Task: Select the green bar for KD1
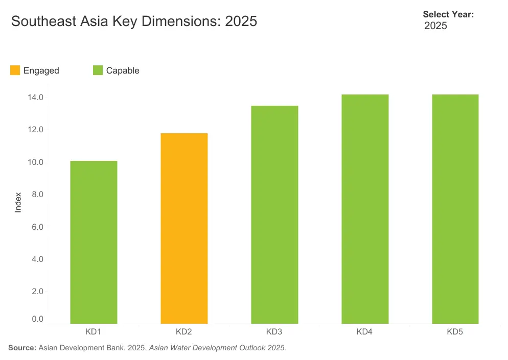pyautogui.click(x=94, y=242)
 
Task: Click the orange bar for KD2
pyautogui.click(x=184, y=228)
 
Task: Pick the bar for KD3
pyautogui.click(x=274, y=214)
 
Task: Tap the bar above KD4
pyautogui.click(x=365, y=209)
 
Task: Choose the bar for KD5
pyautogui.click(x=455, y=209)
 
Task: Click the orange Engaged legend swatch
pyautogui.click(x=15, y=70)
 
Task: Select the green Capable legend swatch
pyautogui.click(x=98, y=70)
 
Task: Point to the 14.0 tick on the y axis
pyautogui.click(x=35, y=97)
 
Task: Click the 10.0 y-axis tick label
pyautogui.click(x=35, y=162)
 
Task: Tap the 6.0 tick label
pyautogui.click(x=37, y=227)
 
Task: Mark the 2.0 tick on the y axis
pyautogui.click(x=37, y=291)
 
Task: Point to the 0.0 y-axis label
pyautogui.click(x=37, y=319)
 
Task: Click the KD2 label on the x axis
pyautogui.click(x=183, y=331)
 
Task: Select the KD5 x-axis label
pyautogui.click(x=455, y=331)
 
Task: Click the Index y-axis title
pyautogui.click(x=18, y=202)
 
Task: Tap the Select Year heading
pyautogui.click(x=448, y=14)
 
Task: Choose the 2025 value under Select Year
pyautogui.click(x=436, y=26)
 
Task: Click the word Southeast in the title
pyautogui.click(x=43, y=21)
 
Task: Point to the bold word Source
pyautogui.click(x=22, y=348)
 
